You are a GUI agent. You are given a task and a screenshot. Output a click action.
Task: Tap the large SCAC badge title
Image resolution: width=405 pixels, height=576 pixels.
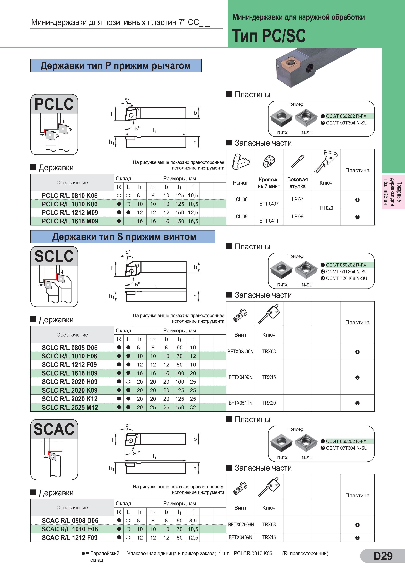54,429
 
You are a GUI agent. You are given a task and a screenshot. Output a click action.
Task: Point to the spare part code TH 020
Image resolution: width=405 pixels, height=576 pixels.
326,208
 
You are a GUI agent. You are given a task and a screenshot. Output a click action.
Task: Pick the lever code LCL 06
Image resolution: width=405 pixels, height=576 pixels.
240,199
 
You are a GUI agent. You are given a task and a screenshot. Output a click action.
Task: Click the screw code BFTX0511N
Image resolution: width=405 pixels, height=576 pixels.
240,403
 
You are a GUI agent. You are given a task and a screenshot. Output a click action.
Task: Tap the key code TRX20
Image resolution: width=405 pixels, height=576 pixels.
269,403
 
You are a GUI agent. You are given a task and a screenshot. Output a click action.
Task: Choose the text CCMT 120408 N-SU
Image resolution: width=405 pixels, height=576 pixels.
347,278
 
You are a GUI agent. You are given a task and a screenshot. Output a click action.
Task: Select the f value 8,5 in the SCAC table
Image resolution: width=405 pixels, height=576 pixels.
193,521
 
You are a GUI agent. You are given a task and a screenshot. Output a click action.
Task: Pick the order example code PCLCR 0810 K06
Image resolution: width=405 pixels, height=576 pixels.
253,553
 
